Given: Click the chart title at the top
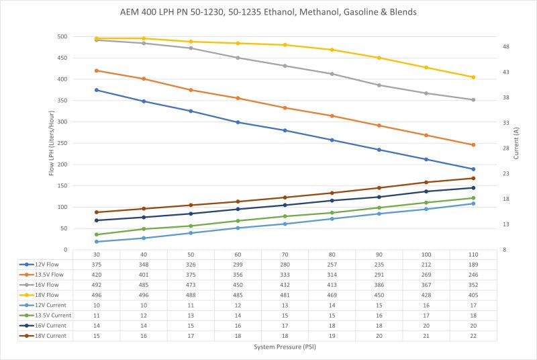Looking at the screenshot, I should [268, 13].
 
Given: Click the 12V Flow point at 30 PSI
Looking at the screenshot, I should [97, 90].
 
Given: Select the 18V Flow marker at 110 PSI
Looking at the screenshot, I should [473, 77].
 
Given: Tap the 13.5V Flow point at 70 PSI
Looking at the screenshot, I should [285, 107].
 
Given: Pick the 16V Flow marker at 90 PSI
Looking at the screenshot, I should [379, 85].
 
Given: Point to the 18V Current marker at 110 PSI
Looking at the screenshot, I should [473, 178].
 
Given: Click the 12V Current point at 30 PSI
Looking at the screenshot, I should [97, 242].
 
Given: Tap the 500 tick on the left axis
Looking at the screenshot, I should [62, 37].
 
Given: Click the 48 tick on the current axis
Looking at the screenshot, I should [506, 47].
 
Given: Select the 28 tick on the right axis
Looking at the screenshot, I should [506, 148].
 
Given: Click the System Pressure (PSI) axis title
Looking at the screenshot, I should [285, 348].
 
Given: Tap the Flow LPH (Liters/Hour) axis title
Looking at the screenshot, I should [52, 143].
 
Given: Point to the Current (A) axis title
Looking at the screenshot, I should [516, 143].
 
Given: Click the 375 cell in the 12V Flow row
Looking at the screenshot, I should [97, 265].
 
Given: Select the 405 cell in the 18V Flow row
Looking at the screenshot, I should [473, 296].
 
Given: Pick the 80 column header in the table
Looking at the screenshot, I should [332, 255].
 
